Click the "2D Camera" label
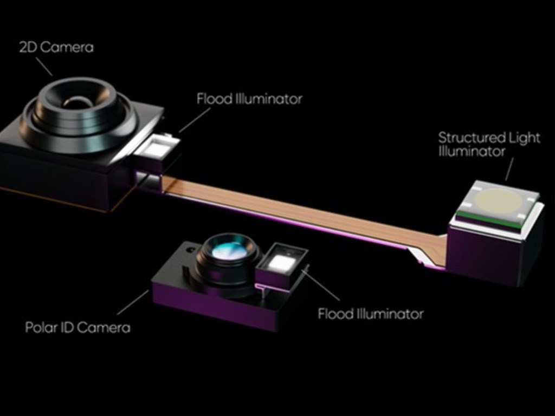56,47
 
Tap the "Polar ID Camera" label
78,327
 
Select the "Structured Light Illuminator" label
489,144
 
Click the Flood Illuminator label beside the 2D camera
249,99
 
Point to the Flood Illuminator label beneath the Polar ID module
371,314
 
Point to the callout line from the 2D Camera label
44,66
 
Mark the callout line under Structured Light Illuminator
509,170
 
